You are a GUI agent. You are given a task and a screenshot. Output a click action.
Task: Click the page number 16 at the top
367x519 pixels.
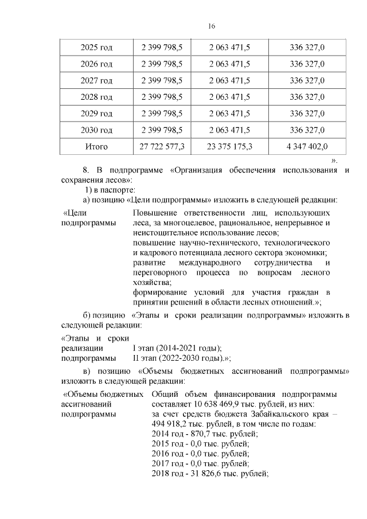[x=211, y=27]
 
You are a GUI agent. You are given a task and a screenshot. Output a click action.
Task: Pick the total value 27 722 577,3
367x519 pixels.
[x=162, y=147]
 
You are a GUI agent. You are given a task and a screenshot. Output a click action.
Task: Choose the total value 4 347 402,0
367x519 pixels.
[x=307, y=147]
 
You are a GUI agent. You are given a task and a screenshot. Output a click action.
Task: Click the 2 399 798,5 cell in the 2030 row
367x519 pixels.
[x=162, y=130]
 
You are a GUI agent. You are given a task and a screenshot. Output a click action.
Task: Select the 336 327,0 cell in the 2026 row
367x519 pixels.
[x=307, y=64]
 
